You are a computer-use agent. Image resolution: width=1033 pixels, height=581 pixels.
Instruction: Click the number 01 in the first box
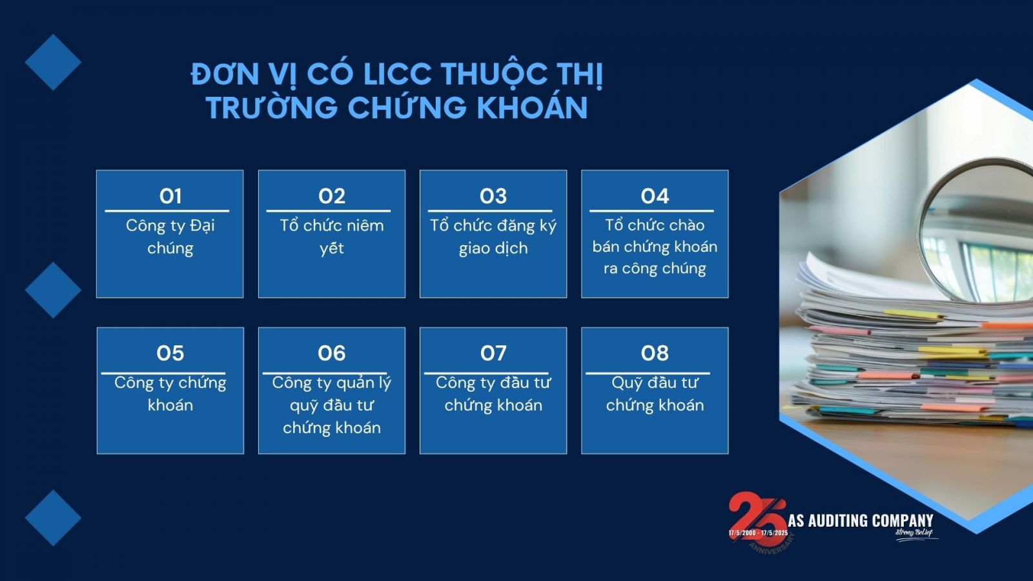pos(170,196)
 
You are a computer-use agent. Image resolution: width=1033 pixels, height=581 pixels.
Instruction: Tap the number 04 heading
pos(655,196)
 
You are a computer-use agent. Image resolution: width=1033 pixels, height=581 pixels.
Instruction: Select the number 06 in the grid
pos(331,353)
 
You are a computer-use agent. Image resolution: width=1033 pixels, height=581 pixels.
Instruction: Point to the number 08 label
pos(655,353)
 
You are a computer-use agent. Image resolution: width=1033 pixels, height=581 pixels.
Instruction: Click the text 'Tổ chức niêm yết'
pos(332,237)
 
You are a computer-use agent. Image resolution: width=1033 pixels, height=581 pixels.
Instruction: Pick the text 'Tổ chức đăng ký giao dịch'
pos(493,237)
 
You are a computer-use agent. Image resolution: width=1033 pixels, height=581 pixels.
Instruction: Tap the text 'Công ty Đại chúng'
pos(170,237)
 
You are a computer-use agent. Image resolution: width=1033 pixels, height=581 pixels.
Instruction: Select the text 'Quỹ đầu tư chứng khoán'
pos(655,394)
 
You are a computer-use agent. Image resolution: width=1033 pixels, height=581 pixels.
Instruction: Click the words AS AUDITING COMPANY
pos(861,520)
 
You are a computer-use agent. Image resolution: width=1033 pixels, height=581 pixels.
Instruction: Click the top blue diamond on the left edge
pos(53,62)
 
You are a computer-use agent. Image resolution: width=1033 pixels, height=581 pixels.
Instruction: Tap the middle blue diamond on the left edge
pos(53,290)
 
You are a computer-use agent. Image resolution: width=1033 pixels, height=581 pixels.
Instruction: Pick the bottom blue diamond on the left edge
pos(53,518)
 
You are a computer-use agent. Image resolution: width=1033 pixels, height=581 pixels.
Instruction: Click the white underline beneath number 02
pos(329,211)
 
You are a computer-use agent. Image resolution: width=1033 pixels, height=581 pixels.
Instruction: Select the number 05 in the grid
pos(170,353)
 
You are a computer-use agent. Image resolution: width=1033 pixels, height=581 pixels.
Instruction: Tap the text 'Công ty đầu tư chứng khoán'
pos(493,394)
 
